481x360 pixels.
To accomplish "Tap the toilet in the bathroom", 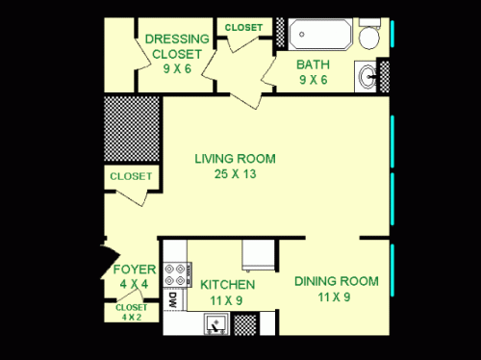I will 369,37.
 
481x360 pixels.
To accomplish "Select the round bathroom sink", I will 366,73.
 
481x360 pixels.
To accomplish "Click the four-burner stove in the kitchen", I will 176,273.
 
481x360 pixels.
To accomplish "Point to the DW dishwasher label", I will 172,300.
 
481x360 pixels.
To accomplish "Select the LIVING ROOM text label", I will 235,159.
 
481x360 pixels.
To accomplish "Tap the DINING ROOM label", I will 336,281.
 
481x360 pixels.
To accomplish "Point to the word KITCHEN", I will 227,285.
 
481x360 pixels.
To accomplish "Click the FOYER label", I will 129,269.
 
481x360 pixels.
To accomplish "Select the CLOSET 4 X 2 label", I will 131,312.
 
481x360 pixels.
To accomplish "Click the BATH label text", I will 314,65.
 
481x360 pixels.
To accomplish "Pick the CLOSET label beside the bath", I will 242,28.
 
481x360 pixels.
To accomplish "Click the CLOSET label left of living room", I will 130,176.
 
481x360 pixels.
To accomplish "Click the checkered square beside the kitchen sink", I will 245,324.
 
